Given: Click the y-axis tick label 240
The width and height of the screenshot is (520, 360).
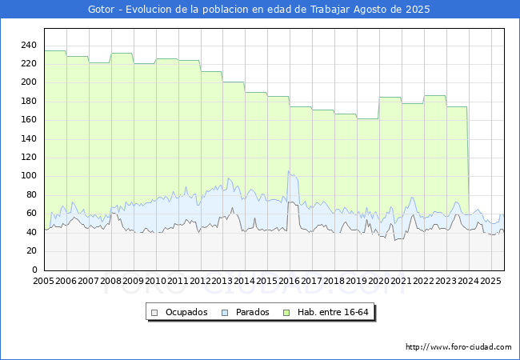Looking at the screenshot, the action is click(x=29, y=45).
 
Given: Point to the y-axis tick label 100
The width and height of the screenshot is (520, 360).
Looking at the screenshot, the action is click(x=29, y=176).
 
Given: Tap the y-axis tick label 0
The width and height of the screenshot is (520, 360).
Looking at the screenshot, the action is click(x=34, y=270).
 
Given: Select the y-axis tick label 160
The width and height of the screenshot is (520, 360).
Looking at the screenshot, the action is click(x=29, y=120).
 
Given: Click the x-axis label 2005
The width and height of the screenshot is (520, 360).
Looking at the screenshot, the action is click(x=43, y=281).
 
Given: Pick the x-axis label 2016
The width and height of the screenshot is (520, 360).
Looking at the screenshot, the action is click(x=289, y=281).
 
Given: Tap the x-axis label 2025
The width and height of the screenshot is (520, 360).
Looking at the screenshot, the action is click(x=490, y=281).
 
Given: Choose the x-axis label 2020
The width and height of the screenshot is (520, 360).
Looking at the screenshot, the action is click(x=378, y=281).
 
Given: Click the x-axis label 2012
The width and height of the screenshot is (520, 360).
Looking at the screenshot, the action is click(x=200, y=281).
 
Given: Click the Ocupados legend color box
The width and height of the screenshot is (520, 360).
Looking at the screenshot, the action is click(x=154, y=313).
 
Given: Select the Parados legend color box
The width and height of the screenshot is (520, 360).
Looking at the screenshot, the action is click(x=225, y=313).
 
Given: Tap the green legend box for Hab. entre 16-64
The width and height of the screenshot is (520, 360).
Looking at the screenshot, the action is click(x=286, y=313).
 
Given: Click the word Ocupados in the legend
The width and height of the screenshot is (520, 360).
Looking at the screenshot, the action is click(x=186, y=312).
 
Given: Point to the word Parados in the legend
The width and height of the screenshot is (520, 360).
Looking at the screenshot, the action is click(x=252, y=312).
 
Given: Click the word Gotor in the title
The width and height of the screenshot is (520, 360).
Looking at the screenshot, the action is click(x=101, y=10).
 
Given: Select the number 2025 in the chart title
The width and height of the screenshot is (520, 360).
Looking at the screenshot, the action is click(x=418, y=10).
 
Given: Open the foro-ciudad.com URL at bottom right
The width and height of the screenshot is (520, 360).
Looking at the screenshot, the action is click(x=458, y=347).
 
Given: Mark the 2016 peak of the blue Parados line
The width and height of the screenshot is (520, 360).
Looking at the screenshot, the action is click(x=289, y=171).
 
